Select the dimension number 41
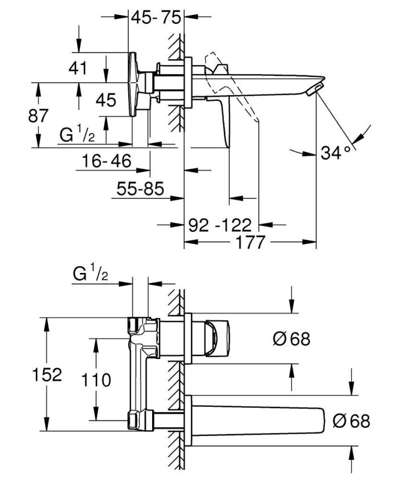pyautogui.click(x=78, y=69)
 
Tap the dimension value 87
pyautogui.click(x=39, y=116)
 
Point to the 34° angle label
pyautogui.click(x=335, y=153)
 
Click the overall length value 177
pyautogui.click(x=250, y=243)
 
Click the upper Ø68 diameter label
pyautogui.click(x=291, y=339)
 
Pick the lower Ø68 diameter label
pyautogui.click(x=351, y=421)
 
